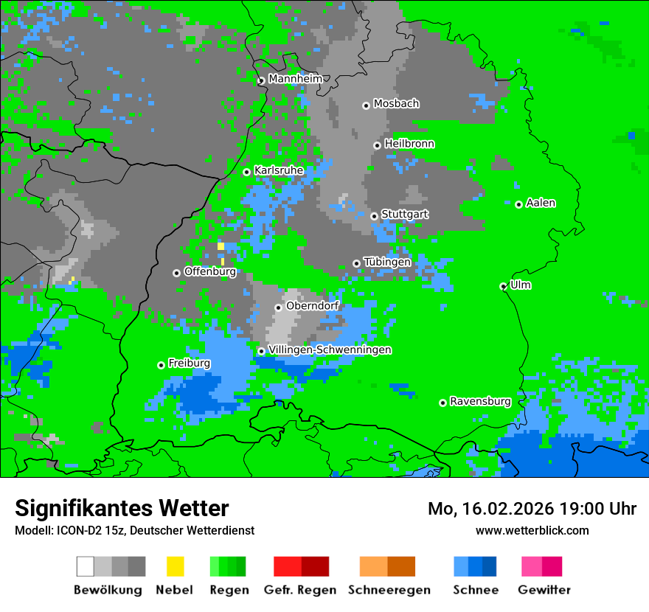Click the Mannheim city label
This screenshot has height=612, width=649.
pyautogui.click(x=296, y=79)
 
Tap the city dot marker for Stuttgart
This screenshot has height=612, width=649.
pyautogui.click(x=375, y=216)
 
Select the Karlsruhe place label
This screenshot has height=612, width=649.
pyautogui.click(x=279, y=170)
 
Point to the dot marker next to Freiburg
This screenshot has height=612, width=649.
pyautogui.click(x=161, y=365)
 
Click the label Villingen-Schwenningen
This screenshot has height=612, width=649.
pyautogui.click(x=330, y=350)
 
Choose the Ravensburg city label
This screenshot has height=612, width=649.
pyautogui.click(x=480, y=402)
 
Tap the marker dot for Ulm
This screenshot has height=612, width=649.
pyautogui.click(x=504, y=286)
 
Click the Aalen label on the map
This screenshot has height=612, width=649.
pyautogui.click(x=541, y=203)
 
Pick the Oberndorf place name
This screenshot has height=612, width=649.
pyautogui.click(x=312, y=305)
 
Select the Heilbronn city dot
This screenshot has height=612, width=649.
pyautogui.click(x=377, y=145)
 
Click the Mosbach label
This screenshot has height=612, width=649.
pyautogui.click(x=396, y=104)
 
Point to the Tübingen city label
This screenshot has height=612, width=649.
pyautogui.click(x=387, y=262)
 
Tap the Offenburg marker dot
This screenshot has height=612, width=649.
pyautogui.click(x=176, y=273)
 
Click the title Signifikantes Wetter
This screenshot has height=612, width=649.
pyautogui.click(x=122, y=508)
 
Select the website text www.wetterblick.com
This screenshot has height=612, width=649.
pyautogui.click(x=532, y=530)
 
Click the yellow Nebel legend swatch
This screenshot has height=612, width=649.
pyautogui.click(x=175, y=566)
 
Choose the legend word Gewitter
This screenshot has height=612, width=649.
pyautogui.click(x=544, y=590)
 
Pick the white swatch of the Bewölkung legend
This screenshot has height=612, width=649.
pyautogui.click(x=86, y=566)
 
